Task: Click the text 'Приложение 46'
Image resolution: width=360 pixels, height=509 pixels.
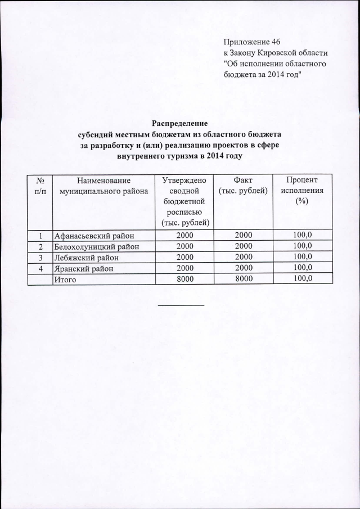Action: (x=251, y=42)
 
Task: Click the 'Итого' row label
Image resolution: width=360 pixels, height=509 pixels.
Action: (x=64, y=279)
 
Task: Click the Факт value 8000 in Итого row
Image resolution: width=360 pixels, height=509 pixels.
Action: (x=244, y=278)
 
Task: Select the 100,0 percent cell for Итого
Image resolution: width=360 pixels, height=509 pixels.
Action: (x=302, y=278)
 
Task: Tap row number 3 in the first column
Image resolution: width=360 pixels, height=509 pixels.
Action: (x=40, y=258)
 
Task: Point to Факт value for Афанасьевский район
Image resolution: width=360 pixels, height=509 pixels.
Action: (x=244, y=235)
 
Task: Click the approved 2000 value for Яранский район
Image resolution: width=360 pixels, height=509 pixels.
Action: (x=184, y=268)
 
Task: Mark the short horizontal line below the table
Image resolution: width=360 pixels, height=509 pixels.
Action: (x=181, y=305)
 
